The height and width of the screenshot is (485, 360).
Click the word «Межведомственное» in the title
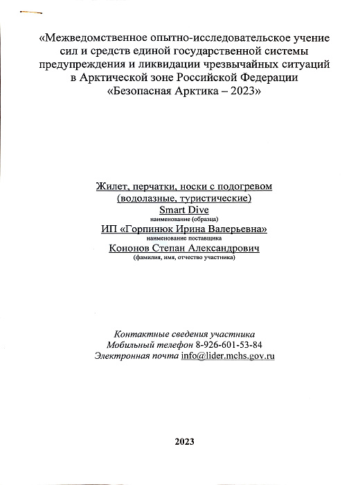tap(88, 37)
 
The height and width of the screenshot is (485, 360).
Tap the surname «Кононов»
tap(132, 249)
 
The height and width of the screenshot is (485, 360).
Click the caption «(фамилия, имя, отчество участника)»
tap(183, 258)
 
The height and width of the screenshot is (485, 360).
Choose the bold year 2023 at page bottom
tap(185, 441)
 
